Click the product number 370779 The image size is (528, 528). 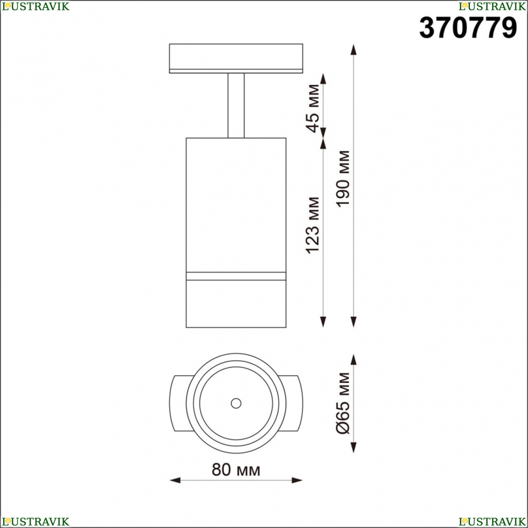click(468, 28)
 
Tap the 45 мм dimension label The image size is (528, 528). click(313, 108)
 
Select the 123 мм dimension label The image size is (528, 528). click(313, 225)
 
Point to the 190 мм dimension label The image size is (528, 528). click(344, 178)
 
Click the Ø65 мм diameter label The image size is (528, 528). click(344, 403)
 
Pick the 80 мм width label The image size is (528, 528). click(235, 469)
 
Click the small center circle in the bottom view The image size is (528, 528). click(236, 403)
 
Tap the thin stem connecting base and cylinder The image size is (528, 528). click(236, 106)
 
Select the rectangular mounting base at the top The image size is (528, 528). click(236, 58)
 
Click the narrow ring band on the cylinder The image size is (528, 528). click(236, 276)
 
